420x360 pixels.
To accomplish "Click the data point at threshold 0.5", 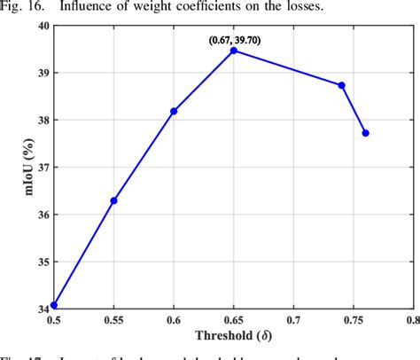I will [x=54, y=305].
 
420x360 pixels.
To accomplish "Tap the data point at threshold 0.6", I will [x=174, y=111].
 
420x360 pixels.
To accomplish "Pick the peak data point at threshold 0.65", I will [x=234, y=51].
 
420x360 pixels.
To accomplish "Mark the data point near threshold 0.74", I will [x=342, y=85].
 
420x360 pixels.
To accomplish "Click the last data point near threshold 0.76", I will [x=366, y=133].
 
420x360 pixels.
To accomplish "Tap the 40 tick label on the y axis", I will [x=43, y=26].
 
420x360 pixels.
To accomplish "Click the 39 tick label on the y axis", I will [x=43, y=73].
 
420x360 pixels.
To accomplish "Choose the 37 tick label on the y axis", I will [x=43, y=167].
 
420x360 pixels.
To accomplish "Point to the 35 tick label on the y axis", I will [x=43, y=261].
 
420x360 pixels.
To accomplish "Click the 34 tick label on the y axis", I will [x=43, y=308].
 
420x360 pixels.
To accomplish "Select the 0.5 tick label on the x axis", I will [x=54, y=317].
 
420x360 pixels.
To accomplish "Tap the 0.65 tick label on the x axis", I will [x=234, y=317].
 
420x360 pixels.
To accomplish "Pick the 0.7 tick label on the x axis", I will [x=293, y=317].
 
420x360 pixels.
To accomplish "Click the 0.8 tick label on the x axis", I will [x=411, y=317].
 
